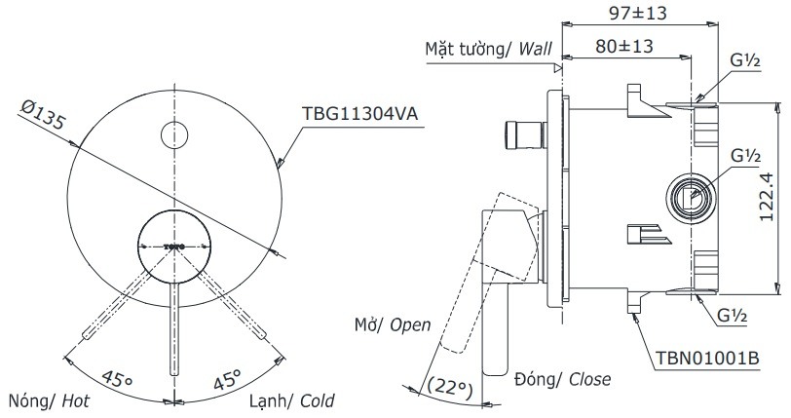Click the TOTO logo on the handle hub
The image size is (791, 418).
[174, 245]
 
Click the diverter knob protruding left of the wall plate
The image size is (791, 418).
[522, 136]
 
